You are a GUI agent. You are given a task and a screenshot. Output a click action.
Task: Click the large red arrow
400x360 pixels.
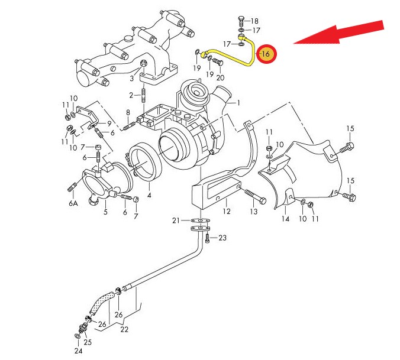tap(337, 34)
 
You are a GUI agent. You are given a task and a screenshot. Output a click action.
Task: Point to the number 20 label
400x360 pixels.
tap(220, 77)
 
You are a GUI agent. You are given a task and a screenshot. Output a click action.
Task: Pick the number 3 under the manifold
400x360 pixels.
tap(132, 78)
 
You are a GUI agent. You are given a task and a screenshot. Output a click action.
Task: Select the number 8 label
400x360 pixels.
tap(127, 113)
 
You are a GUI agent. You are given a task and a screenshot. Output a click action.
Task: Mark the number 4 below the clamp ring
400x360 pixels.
tap(149, 194)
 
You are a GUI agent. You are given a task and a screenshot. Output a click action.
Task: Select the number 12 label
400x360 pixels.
tap(226, 210)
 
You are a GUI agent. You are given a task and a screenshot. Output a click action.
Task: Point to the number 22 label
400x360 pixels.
tap(124, 329)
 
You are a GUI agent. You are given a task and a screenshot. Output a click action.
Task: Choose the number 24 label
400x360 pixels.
tap(78, 352)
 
